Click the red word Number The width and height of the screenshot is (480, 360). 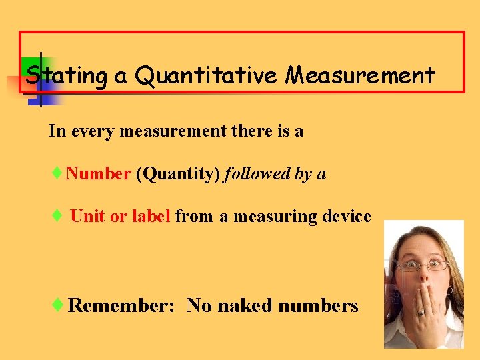click(98, 174)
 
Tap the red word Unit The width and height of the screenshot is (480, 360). click(87, 216)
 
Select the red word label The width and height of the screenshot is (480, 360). click(151, 216)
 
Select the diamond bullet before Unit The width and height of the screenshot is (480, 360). click(58, 216)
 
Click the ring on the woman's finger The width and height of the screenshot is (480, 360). click(421, 313)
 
